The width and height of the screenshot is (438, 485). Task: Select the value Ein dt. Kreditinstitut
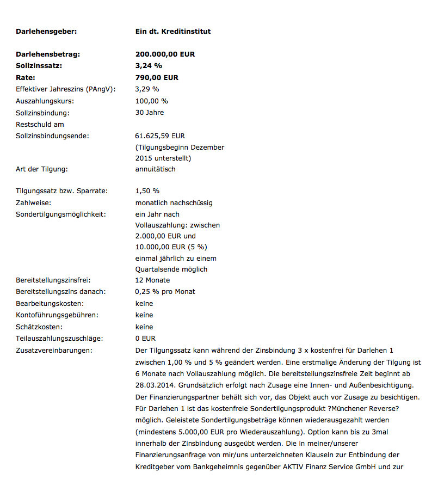172,31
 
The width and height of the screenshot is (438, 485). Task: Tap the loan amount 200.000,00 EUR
165,54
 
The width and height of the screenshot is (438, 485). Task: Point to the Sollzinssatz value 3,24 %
149,65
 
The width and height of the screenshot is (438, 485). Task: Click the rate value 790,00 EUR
157,77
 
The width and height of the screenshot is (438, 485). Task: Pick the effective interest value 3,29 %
147,89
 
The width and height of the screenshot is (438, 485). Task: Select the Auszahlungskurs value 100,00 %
151,101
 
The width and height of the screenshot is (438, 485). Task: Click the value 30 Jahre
149,112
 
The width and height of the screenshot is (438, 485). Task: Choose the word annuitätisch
155,169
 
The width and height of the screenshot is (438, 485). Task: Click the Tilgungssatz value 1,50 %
147,191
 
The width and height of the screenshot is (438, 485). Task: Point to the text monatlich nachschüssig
174,202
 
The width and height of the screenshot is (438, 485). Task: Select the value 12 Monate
152,280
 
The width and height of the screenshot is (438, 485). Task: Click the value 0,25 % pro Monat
165,291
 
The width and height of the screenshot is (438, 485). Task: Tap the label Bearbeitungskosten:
50,303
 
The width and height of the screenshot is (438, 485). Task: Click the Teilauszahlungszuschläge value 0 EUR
145,338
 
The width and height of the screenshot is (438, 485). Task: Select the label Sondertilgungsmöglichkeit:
60,214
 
